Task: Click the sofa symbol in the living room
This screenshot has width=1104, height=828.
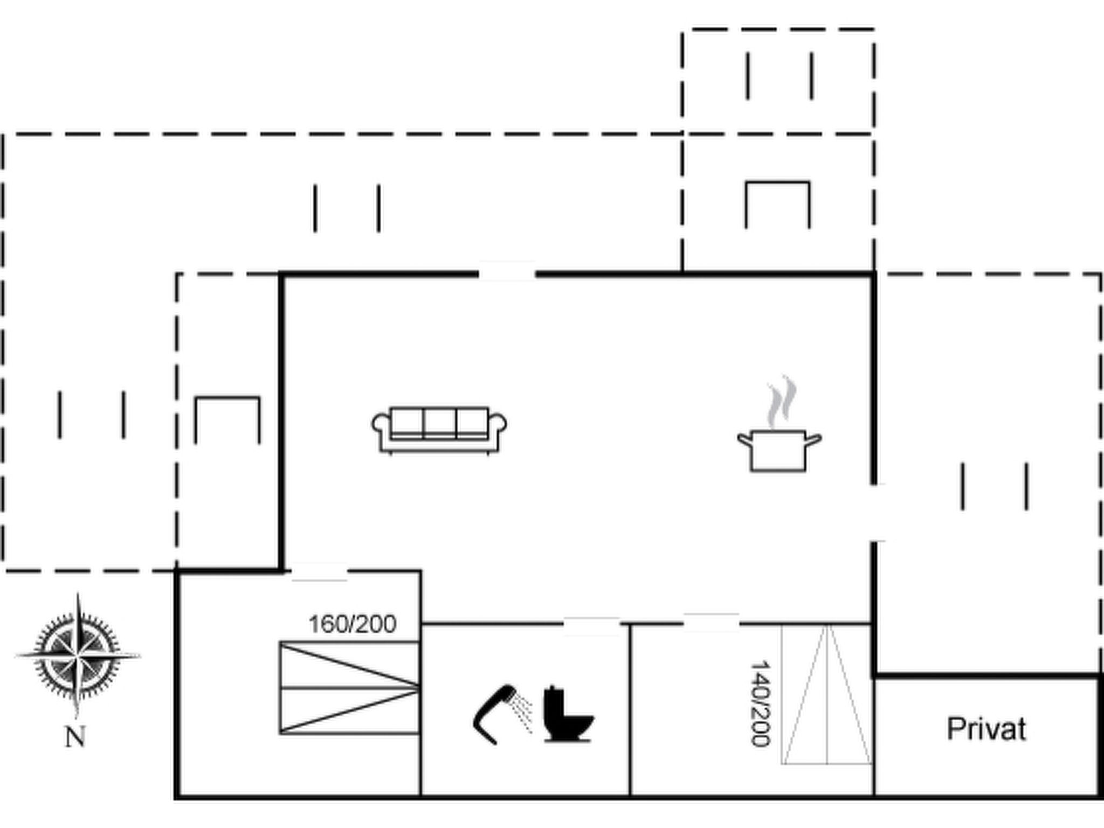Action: (x=439, y=430)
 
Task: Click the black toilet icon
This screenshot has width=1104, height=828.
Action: (x=568, y=713)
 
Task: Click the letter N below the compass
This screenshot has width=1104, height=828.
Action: (x=75, y=736)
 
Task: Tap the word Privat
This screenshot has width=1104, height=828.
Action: (x=986, y=729)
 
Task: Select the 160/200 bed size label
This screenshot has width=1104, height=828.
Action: (x=353, y=624)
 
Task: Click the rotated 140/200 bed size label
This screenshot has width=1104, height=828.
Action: (x=760, y=704)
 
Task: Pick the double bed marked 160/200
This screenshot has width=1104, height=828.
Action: (x=349, y=688)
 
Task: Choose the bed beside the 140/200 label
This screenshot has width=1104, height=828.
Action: (x=827, y=694)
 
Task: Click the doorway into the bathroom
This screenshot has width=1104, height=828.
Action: (x=592, y=624)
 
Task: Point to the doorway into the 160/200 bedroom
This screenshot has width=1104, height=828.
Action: (x=319, y=571)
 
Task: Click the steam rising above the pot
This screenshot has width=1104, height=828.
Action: (x=782, y=402)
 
